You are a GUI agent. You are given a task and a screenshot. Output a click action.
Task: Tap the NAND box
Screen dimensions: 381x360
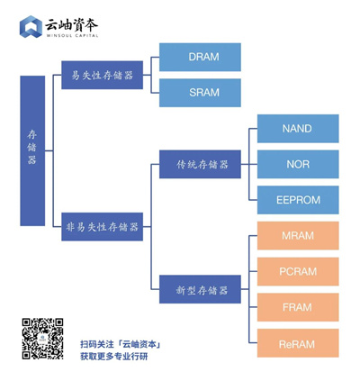tap(297, 129)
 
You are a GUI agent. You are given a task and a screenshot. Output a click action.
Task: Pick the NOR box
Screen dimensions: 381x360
tap(297, 164)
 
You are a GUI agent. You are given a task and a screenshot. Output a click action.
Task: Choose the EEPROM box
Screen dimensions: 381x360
tap(297, 200)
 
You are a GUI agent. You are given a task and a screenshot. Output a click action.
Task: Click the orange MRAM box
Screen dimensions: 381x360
tap(297, 236)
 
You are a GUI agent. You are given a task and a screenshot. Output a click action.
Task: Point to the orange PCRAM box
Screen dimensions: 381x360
tap(297, 271)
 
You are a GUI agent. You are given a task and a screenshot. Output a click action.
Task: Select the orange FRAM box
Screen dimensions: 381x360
tap(297, 307)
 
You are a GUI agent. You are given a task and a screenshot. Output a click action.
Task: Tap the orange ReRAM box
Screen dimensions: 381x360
tap(297, 342)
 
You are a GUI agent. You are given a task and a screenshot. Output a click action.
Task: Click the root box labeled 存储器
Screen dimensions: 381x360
tap(32, 150)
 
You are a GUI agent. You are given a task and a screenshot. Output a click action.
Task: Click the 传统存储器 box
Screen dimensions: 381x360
tap(201, 165)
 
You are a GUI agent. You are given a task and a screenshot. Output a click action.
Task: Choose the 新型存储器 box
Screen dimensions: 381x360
tap(201, 289)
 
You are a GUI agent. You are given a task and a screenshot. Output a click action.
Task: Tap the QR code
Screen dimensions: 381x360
tap(42, 339)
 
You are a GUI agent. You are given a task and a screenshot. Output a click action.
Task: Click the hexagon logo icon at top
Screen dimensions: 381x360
tap(31, 28)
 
